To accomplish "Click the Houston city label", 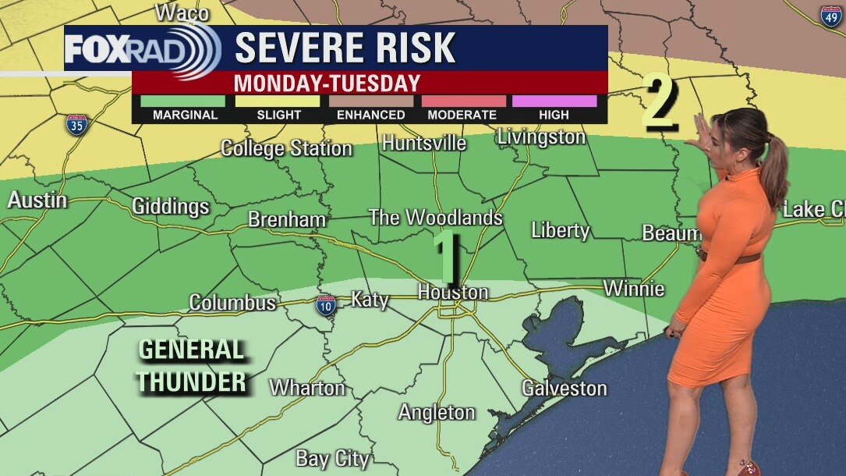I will [x=453, y=292].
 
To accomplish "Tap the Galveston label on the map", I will [x=564, y=388].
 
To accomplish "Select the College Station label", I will [x=286, y=147].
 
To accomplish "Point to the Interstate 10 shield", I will [x=326, y=304].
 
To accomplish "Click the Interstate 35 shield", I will [x=76, y=125].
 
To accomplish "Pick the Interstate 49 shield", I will [x=830, y=15].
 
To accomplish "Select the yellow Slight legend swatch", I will [x=278, y=101].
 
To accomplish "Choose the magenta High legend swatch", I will [x=554, y=101].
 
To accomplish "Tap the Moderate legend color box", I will [x=463, y=101].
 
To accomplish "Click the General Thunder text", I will [x=192, y=366].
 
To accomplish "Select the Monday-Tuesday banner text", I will [x=327, y=83].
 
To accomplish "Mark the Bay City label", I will [x=332, y=459].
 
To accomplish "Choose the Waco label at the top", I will [x=182, y=12].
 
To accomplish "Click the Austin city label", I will [x=37, y=200].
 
